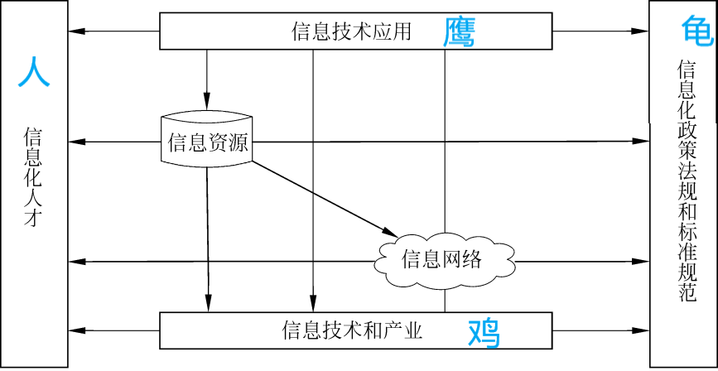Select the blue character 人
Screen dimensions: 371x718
[34, 72]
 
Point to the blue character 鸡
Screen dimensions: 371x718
[484, 332]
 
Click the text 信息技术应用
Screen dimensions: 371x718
[351, 32]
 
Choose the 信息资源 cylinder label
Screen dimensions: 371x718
[207, 142]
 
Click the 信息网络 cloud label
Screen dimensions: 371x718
[441, 259]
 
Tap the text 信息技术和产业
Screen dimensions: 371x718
[352, 331]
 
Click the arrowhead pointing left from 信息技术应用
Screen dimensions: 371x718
[76, 31]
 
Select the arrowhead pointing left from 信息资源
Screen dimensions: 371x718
[76, 142]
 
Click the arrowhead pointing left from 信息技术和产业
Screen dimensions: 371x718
[76, 330]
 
